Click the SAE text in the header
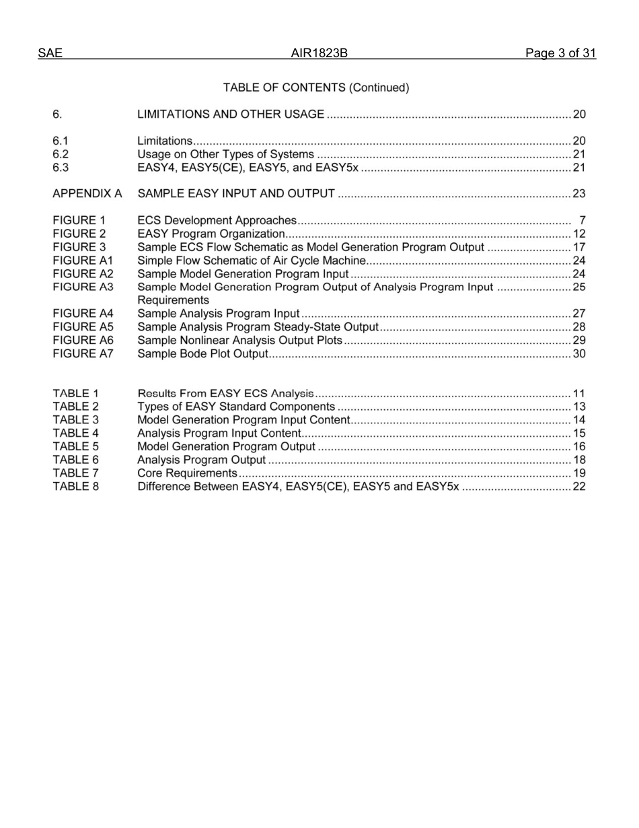[x=50, y=54]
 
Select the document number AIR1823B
[x=319, y=54]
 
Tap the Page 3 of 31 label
[x=560, y=54]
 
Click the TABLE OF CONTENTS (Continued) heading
[x=316, y=88]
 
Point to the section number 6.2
[x=61, y=154]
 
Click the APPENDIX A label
[x=87, y=194]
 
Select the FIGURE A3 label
[x=83, y=287]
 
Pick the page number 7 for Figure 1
[x=582, y=221]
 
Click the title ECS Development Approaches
[x=217, y=221]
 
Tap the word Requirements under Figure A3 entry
[x=173, y=300]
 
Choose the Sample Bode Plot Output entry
[x=202, y=353]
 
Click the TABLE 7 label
[x=75, y=473]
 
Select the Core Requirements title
[x=186, y=473]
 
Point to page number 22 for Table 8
[x=579, y=487]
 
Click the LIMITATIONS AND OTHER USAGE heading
[x=230, y=114]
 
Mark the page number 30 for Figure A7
[x=579, y=353]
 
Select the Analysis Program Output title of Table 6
[x=201, y=460]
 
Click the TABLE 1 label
[x=75, y=393]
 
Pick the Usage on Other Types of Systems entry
[x=225, y=154]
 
